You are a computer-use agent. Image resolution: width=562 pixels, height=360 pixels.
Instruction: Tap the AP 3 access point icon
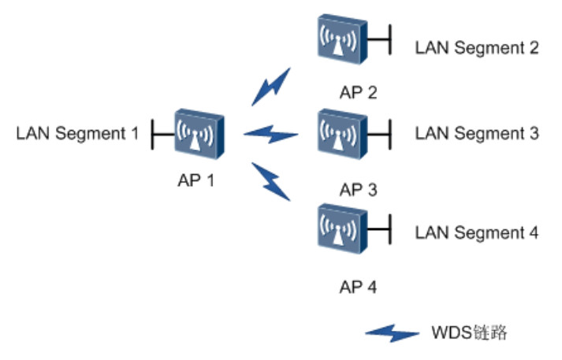341,134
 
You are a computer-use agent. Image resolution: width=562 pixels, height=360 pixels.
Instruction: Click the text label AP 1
196,180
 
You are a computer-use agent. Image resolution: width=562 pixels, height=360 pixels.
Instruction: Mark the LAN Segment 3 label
477,133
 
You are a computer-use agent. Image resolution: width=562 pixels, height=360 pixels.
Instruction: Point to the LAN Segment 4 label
477,232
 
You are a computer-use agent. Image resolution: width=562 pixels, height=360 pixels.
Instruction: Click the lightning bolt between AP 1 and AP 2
270,87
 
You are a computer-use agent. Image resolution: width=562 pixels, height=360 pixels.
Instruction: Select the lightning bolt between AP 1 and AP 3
270,135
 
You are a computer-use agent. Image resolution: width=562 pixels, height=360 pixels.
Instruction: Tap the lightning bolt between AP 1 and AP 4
270,180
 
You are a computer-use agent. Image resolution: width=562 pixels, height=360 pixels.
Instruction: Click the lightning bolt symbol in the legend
392,333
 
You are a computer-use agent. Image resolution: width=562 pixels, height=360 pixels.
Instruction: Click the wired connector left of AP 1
162,135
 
